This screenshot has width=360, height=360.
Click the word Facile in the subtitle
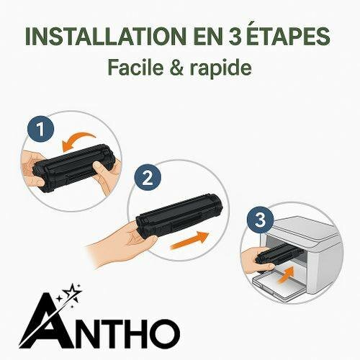click(134, 68)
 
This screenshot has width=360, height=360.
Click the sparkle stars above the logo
click(72, 296)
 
